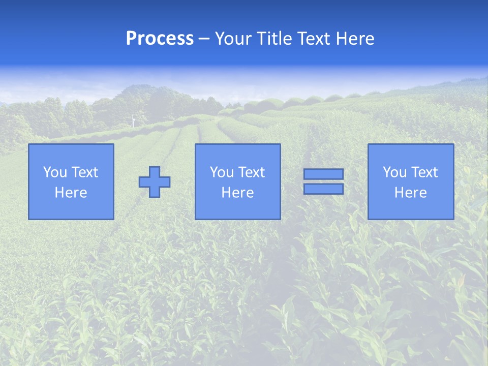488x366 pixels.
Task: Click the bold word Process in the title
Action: [x=160, y=39]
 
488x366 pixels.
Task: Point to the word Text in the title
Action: [x=311, y=39]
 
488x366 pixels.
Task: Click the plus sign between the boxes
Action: [x=155, y=182]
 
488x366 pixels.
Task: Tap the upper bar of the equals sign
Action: [x=323, y=174]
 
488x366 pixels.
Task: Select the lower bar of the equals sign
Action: [x=323, y=189]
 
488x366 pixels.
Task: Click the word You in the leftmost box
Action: [x=55, y=172]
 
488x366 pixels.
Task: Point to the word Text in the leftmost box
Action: [x=84, y=172]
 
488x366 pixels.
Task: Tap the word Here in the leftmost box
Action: [x=71, y=193]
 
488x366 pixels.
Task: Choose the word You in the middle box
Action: [x=222, y=172]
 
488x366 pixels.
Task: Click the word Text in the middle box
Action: [x=251, y=172]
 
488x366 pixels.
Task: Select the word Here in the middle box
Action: [x=237, y=193]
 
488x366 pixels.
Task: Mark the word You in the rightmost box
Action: [x=394, y=172]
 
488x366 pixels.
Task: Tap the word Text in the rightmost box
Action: [x=424, y=172]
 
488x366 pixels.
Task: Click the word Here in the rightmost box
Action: [x=410, y=193]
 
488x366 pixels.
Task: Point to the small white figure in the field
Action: [x=134, y=120]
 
